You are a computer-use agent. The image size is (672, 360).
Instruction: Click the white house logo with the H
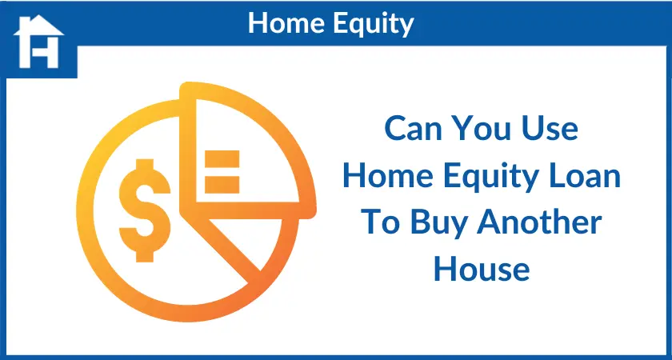click(38, 42)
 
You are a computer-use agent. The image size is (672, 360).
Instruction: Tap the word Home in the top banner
click(286, 23)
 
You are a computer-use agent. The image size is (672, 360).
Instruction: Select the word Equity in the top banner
click(374, 25)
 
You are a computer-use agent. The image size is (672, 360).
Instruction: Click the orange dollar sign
click(145, 210)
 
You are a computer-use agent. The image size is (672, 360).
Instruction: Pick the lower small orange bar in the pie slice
click(222, 184)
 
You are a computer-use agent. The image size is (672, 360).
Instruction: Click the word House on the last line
click(482, 270)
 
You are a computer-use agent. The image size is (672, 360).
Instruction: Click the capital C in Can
click(395, 129)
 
